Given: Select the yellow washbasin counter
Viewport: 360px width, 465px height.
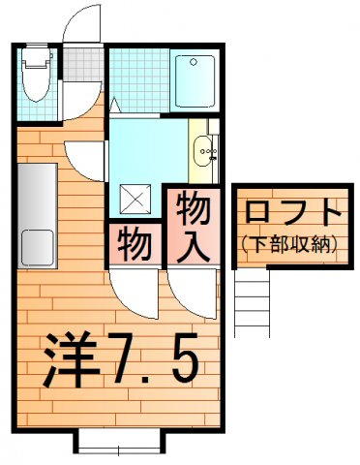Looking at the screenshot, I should pos(204,150).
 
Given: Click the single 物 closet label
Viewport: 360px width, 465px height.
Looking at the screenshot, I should pos(135,244).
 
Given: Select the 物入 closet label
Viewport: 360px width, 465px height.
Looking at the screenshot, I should pos(193,226).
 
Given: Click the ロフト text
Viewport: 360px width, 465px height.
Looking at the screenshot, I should pos(291,213).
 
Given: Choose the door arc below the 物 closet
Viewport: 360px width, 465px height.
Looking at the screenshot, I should pos(134,292).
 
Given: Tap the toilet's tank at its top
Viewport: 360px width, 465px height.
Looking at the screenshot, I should pos(35,57).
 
